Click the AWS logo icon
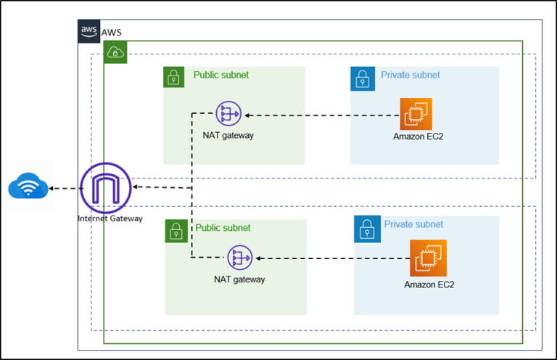[89, 31]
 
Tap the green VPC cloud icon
[115, 52]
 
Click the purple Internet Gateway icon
[106, 187]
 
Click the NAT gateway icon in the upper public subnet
[228, 114]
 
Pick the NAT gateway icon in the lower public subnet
[239, 258]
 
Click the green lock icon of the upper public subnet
[174, 78]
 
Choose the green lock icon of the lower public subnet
[176, 231]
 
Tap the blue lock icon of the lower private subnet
[366, 228]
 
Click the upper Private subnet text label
[410, 75]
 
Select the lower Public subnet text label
[223, 228]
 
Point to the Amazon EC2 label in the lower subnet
[429, 285]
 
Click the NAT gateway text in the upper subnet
[228, 135]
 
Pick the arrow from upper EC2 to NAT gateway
[319, 114]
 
